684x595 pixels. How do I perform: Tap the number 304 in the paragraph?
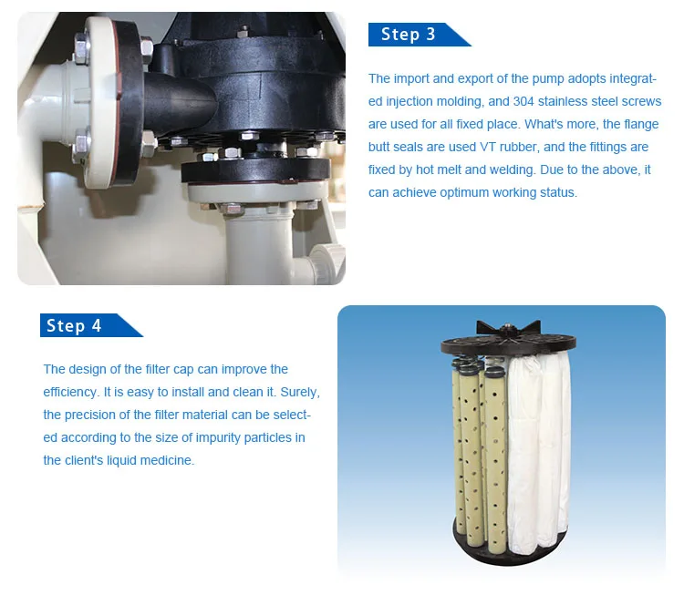(x=523, y=101)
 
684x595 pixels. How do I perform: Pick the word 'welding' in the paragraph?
(x=509, y=170)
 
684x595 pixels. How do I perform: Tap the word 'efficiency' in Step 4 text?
(x=70, y=393)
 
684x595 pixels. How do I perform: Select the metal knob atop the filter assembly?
(x=507, y=326)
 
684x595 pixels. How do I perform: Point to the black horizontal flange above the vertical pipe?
(x=255, y=170)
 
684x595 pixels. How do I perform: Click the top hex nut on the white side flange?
(x=82, y=44)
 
